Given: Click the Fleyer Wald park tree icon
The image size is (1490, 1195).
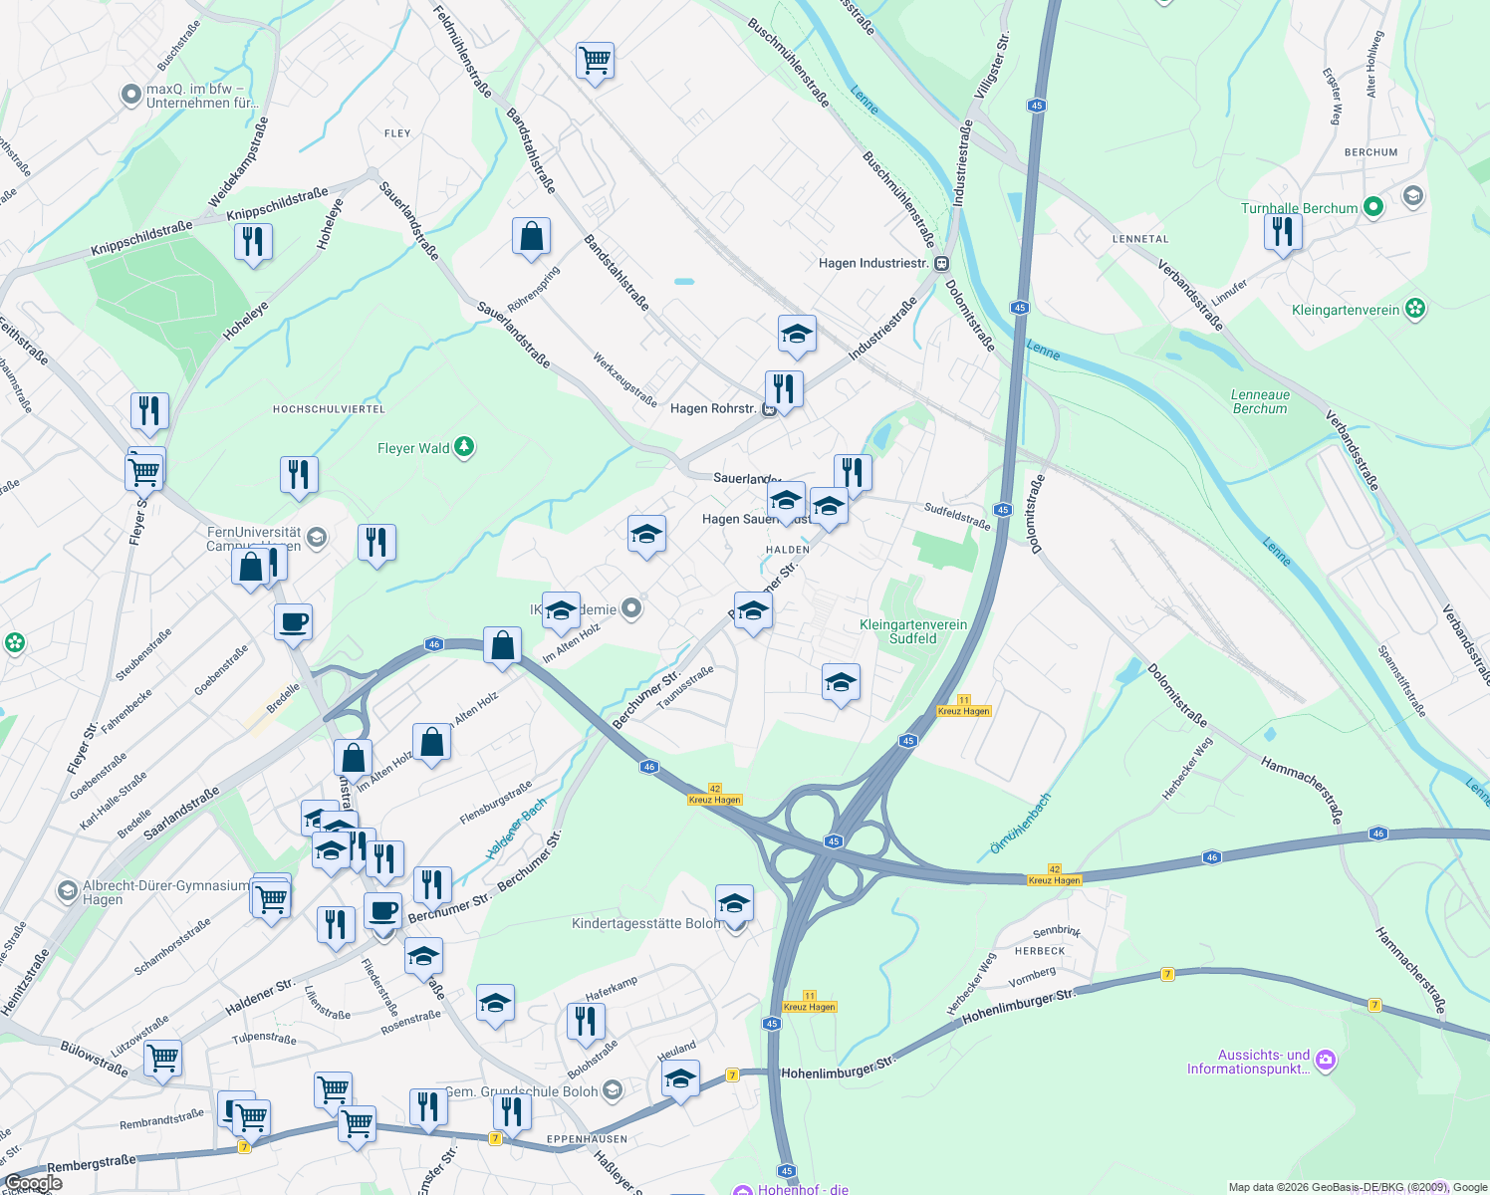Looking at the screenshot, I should pos(464,447).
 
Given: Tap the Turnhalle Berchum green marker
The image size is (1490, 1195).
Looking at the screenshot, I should pos(1373,207).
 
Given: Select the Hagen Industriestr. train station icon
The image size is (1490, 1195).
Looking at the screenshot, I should pos(941,264).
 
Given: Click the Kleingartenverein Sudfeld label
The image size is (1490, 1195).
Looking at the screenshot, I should pos(913,631).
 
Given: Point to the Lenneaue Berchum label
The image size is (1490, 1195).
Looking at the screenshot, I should pos(1260,401).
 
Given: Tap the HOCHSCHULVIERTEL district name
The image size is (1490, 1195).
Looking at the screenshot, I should pos(329,409).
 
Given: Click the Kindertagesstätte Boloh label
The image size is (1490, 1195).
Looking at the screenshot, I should pos(645,923).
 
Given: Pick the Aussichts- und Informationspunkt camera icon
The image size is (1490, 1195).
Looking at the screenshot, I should pos(1326,1061).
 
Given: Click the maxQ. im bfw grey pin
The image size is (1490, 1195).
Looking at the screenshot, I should pos(131,95).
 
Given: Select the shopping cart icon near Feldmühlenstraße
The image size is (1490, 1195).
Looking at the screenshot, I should pos(595,61).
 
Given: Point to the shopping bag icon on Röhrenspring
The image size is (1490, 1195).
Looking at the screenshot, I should pos(531,237).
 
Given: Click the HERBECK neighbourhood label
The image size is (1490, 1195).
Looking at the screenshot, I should pos(1040,951).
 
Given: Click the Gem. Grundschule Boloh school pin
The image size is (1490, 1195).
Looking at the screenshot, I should pos(612,1090).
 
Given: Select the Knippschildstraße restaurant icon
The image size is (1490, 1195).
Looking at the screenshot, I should pos(253,242).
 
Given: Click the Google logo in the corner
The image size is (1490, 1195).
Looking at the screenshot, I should pos(33,1183).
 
